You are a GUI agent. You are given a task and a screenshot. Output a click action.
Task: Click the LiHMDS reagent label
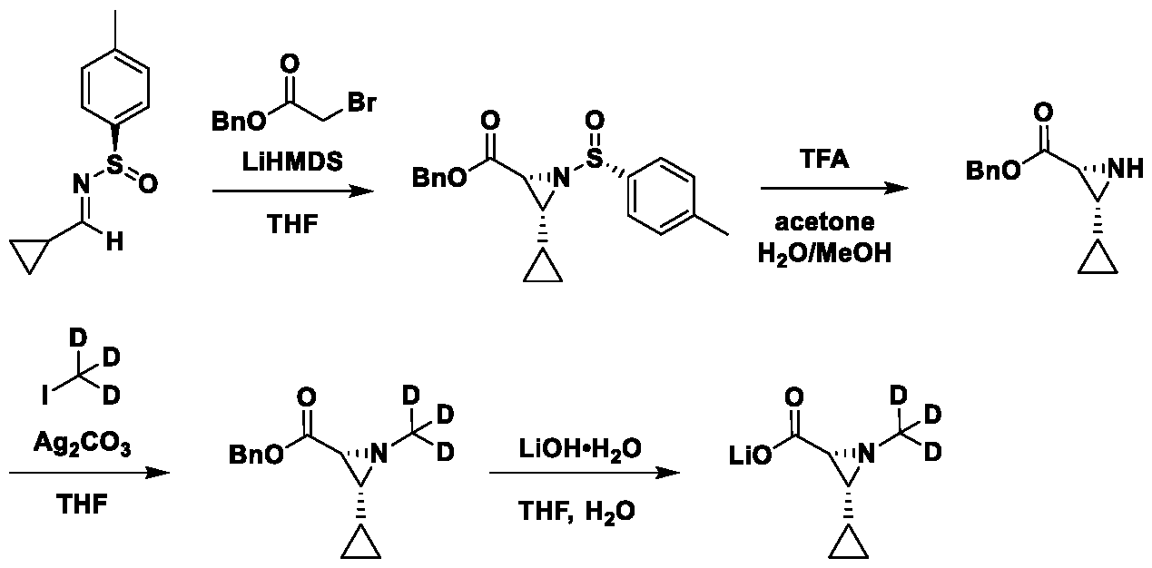click(292, 162)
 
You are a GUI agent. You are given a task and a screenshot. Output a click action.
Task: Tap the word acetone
click(824, 222)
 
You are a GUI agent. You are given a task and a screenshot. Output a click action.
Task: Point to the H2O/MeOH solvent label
click(824, 254)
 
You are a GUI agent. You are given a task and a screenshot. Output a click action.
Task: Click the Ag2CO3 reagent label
click(83, 443)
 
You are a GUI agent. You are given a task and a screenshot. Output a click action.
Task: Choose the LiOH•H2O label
click(579, 449)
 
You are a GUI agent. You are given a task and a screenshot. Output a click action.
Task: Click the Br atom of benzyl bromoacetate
click(361, 102)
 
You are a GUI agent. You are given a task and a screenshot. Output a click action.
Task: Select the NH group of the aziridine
click(1125, 169)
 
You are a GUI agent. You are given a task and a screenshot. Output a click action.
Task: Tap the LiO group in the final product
click(751, 455)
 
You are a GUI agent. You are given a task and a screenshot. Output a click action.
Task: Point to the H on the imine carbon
click(114, 241)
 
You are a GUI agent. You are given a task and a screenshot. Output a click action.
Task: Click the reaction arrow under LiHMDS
click(293, 191)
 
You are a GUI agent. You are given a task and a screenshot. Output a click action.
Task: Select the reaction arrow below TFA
click(834, 188)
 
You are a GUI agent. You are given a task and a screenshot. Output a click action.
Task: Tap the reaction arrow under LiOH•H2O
click(585, 473)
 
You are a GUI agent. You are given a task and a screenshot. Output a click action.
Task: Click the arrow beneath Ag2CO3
click(90, 473)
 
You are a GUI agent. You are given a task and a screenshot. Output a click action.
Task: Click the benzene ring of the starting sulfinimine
click(115, 88)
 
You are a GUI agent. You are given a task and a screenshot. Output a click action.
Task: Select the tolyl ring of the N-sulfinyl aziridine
click(661, 196)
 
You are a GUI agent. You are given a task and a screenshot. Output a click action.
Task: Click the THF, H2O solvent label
click(576, 512)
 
